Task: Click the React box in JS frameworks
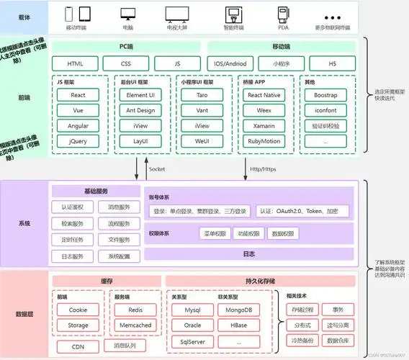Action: click(x=78, y=95)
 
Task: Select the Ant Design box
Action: click(x=140, y=110)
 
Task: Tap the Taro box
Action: click(x=202, y=95)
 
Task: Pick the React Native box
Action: click(x=264, y=95)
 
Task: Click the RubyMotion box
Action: click(x=264, y=141)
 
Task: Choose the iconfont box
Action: click(x=325, y=110)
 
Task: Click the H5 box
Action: click(x=332, y=63)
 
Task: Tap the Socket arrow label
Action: click(x=158, y=168)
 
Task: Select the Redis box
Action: click(x=135, y=310)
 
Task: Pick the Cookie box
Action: click(x=78, y=310)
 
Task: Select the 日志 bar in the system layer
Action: click(x=248, y=253)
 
